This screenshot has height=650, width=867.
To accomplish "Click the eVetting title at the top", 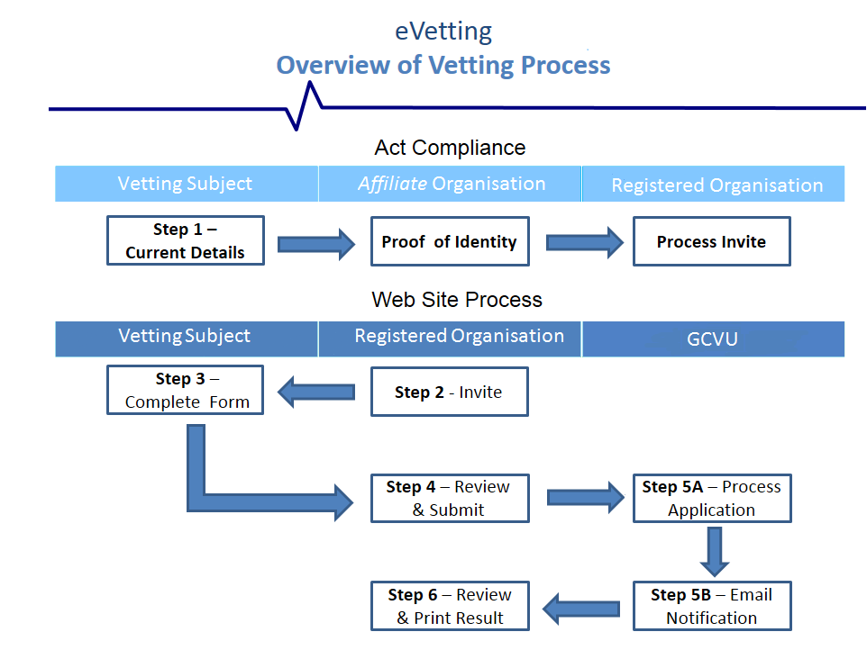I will (443, 32).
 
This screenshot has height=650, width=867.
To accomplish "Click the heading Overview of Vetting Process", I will (443, 66).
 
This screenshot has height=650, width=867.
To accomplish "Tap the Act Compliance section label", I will (450, 148).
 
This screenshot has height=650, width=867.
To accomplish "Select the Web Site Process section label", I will (457, 299).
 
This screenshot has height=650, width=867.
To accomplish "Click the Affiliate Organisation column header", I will (451, 184).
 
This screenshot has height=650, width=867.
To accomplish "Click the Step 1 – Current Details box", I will (185, 240).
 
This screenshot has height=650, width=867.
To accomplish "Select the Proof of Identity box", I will (449, 241).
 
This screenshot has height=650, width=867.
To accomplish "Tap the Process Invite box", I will (711, 241).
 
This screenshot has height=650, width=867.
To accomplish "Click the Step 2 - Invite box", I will (449, 392).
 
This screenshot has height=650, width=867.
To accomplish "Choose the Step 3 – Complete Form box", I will (185, 390).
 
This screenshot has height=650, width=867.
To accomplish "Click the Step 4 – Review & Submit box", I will (449, 498).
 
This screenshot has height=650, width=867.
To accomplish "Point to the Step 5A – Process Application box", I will (711, 498).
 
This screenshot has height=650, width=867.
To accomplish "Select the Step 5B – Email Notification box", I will (711, 606).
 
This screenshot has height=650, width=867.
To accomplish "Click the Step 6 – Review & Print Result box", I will (449, 606).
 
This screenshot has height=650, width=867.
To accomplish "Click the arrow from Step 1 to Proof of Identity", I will (316, 243).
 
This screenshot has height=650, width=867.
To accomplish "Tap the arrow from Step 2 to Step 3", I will (316, 392).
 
